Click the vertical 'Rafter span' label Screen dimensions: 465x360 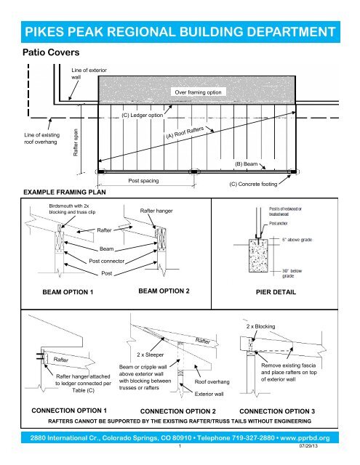click(75, 144)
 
